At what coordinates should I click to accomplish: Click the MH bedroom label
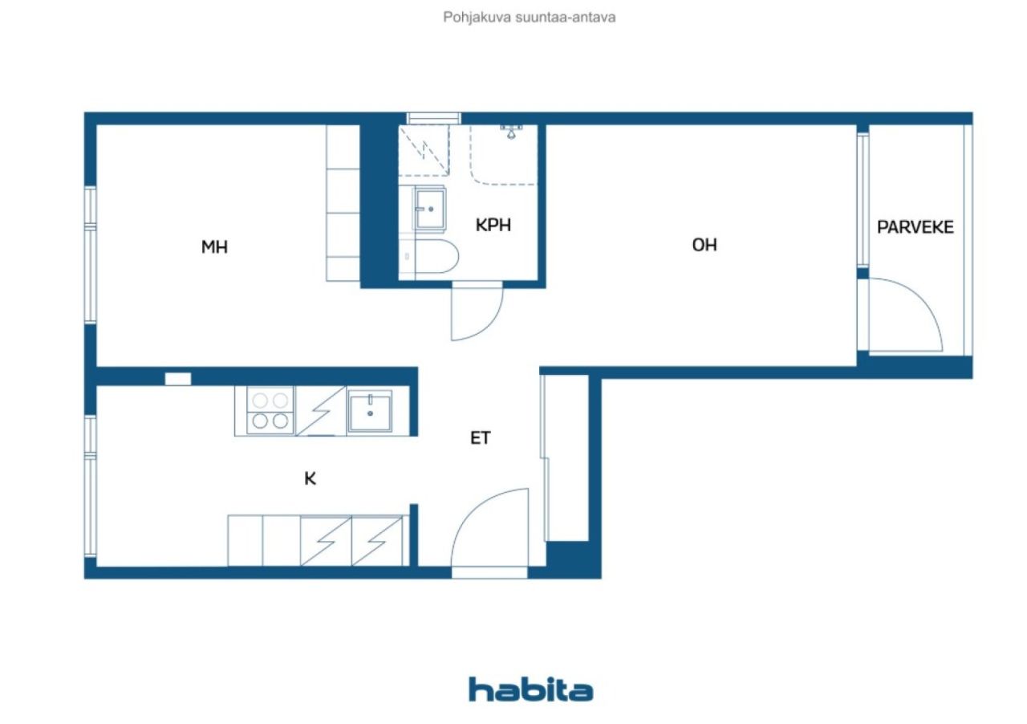pyautogui.click(x=214, y=247)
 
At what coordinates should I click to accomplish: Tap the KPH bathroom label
pyautogui.click(x=493, y=225)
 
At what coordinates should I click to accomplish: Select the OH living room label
pyautogui.click(x=704, y=245)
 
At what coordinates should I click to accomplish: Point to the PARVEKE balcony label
pyautogui.click(x=915, y=227)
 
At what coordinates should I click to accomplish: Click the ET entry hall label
pyautogui.click(x=481, y=438)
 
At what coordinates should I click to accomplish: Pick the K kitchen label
pyautogui.click(x=310, y=479)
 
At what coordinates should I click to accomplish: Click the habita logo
pyautogui.click(x=531, y=689)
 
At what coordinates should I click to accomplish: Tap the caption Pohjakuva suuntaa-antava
pyautogui.click(x=529, y=18)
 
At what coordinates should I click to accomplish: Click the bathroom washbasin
pyautogui.click(x=429, y=209)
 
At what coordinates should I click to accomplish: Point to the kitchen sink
pyautogui.click(x=370, y=412)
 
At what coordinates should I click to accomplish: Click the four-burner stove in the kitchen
pyautogui.click(x=270, y=411)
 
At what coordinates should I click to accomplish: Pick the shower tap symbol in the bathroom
pyautogui.click(x=511, y=131)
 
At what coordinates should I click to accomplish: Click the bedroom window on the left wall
pyautogui.click(x=91, y=255)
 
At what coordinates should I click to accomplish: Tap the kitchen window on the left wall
pyautogui.click(x=91, y=486)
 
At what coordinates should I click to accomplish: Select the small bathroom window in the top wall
pyautogui.click(x=434, y=118)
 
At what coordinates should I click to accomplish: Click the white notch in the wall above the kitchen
pyautogui.click(x=178, y=379)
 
